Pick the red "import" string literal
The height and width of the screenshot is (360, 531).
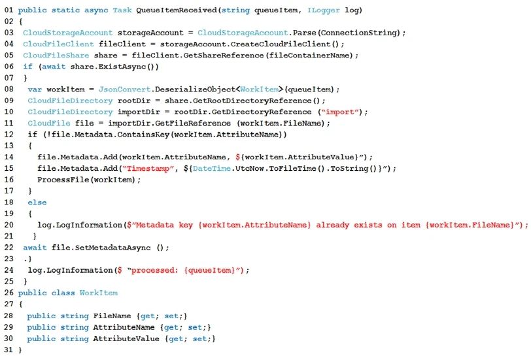342,112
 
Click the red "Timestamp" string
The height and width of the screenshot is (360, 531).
144,169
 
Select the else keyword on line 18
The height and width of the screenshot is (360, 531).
37,203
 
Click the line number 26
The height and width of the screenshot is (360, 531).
9,293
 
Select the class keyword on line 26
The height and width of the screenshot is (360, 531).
62,293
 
